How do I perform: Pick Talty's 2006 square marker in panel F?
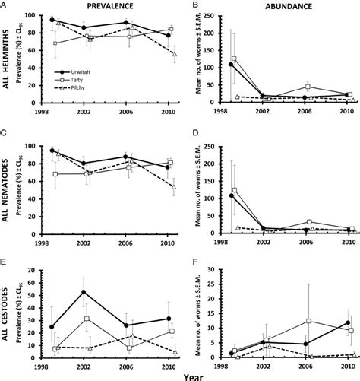308,322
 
